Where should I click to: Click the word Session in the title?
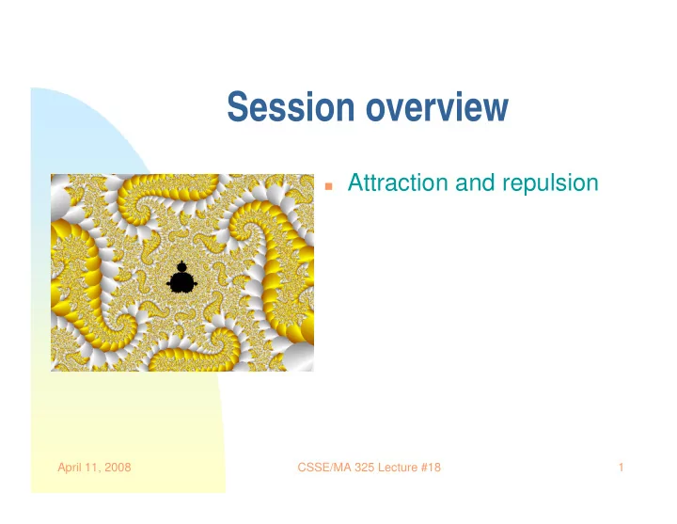291,106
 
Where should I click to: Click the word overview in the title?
437,106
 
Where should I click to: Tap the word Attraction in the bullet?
398,183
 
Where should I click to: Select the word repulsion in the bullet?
550,183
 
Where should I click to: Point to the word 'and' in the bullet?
475,183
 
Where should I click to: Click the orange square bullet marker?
329,186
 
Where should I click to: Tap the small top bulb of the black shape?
181,266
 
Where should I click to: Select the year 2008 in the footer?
118,467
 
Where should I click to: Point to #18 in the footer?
431,467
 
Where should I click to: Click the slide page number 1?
621,467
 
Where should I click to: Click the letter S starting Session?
236,106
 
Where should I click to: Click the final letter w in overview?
497,110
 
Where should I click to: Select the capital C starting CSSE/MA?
302,467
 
